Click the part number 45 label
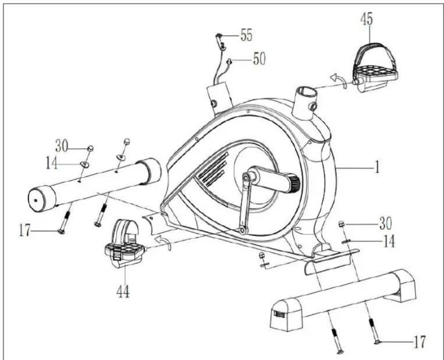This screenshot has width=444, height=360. (367, 19)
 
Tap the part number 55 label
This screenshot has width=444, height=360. (247, 35)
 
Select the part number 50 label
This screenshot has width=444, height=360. (259, 59)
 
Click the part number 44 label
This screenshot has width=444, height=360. (123, 292)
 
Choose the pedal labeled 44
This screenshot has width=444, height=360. (124, 244)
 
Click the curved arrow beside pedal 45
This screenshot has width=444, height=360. (339, 79)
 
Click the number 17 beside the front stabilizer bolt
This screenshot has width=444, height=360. (25, 230)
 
